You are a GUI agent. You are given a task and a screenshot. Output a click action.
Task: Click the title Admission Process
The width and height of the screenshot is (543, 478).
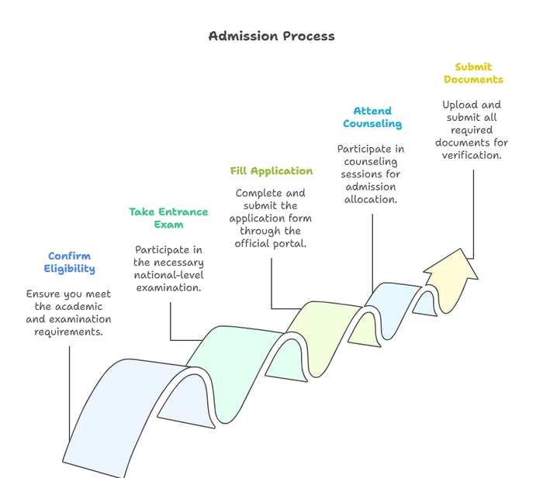point(271,36)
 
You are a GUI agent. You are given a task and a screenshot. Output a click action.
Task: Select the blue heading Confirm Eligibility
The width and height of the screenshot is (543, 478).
point(69,263)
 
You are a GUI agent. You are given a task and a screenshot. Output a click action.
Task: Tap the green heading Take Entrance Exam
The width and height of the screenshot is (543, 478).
point(168,218)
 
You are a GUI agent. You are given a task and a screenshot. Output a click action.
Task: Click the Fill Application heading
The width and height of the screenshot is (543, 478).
point(271,171)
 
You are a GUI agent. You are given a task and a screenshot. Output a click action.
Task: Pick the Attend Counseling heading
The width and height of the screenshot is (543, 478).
point(372,117)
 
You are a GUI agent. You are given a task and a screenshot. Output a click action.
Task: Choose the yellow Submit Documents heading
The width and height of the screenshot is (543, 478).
point(473,73)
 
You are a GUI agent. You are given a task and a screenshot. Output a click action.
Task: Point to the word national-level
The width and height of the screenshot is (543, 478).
point(168,275)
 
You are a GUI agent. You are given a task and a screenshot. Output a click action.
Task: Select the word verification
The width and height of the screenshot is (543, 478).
point(472,155)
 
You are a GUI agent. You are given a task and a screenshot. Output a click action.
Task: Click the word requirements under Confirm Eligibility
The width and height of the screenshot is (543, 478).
point(69,332)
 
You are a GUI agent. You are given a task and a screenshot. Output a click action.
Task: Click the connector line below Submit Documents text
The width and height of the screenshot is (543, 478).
point(473,209)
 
